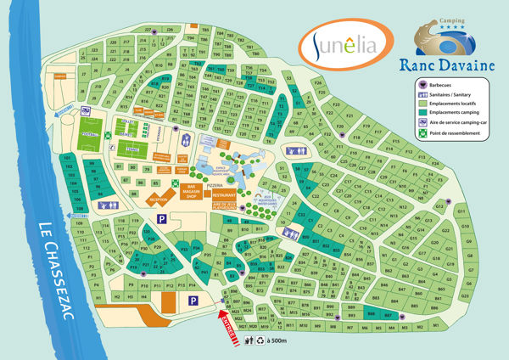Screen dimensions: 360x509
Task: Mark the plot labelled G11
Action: click(x=461, y=211)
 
